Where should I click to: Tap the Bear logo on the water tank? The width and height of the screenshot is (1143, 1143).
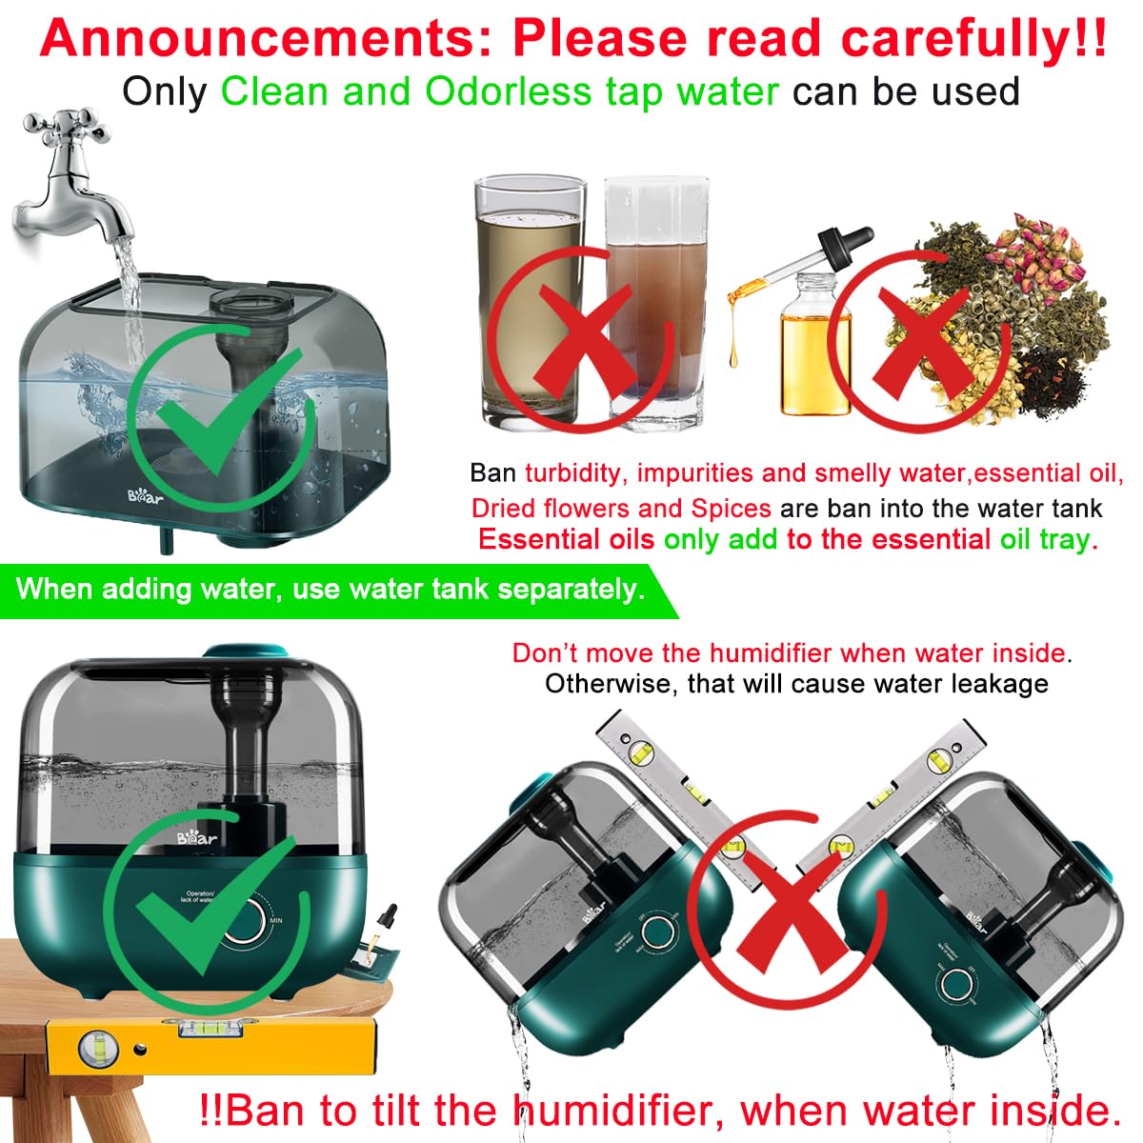click(147, 496)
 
